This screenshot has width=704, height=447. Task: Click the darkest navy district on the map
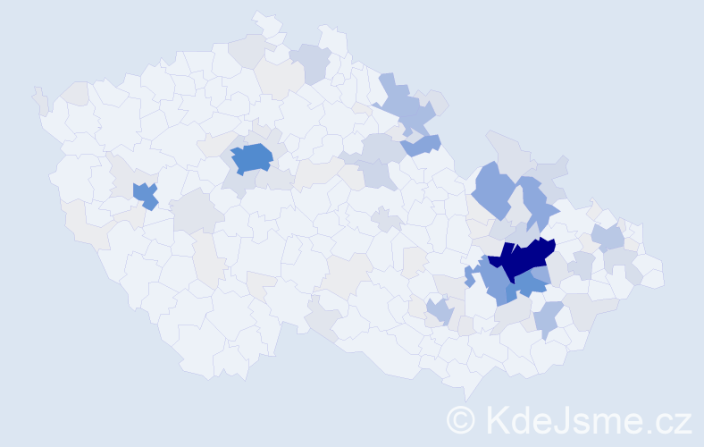524,257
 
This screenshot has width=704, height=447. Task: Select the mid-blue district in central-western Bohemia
252,157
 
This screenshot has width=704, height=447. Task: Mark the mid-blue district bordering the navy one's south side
531,284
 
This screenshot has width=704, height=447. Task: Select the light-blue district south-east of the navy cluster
549,317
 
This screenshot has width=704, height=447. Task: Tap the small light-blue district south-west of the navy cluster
439,312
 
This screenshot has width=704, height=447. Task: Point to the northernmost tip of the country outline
260,13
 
